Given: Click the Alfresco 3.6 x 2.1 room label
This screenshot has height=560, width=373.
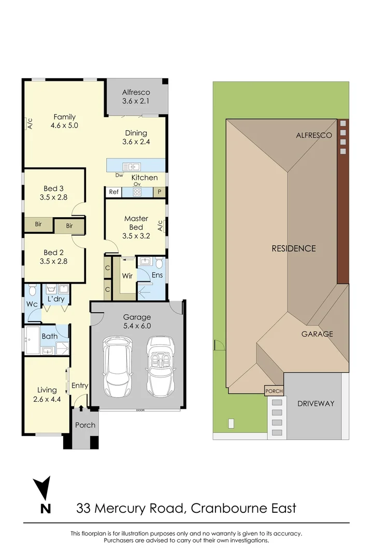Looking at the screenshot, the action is (x=136, y=97).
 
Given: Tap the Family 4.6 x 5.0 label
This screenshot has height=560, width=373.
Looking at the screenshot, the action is (x=64, y=121).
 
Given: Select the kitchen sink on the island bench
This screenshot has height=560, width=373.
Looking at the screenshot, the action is (x=132, y=166).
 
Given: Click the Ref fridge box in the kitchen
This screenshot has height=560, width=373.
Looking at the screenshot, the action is (x=113, y=192).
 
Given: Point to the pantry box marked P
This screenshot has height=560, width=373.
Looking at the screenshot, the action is (x=159, y=192).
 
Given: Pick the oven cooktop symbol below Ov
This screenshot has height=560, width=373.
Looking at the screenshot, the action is (x=137, y=192).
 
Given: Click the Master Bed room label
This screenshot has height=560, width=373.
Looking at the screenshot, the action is (x=136, y=223).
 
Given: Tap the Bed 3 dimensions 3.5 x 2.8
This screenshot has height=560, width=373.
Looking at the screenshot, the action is (x=53, y=197).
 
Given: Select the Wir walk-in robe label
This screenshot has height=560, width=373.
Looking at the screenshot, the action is (x=127, y=276).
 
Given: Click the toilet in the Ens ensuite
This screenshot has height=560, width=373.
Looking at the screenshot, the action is (x=159, y=263).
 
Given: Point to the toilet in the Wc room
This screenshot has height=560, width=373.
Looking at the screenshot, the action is (x=33, y=290).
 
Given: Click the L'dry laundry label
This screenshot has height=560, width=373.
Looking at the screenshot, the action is (x=56, y=299).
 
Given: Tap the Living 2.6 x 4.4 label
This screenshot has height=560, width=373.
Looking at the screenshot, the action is (x=47, y=395).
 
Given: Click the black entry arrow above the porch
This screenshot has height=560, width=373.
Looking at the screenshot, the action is (x=81, y=408).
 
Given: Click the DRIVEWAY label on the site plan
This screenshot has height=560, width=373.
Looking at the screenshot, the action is (x=316, y=403).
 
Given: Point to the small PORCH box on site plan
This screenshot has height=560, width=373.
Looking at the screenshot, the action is (x=274, y=391).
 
